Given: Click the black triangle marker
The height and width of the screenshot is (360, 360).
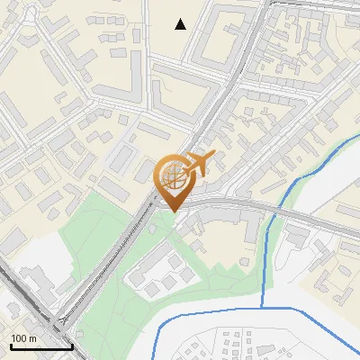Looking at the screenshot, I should point(181,24).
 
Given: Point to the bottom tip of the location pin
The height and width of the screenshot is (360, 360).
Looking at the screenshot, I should point(173,211).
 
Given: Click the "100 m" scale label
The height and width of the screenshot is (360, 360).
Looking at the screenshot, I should point(23,338).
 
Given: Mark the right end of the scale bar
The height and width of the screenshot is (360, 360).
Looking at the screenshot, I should point(72,346).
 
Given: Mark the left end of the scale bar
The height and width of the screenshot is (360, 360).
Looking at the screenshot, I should point(10,346).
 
